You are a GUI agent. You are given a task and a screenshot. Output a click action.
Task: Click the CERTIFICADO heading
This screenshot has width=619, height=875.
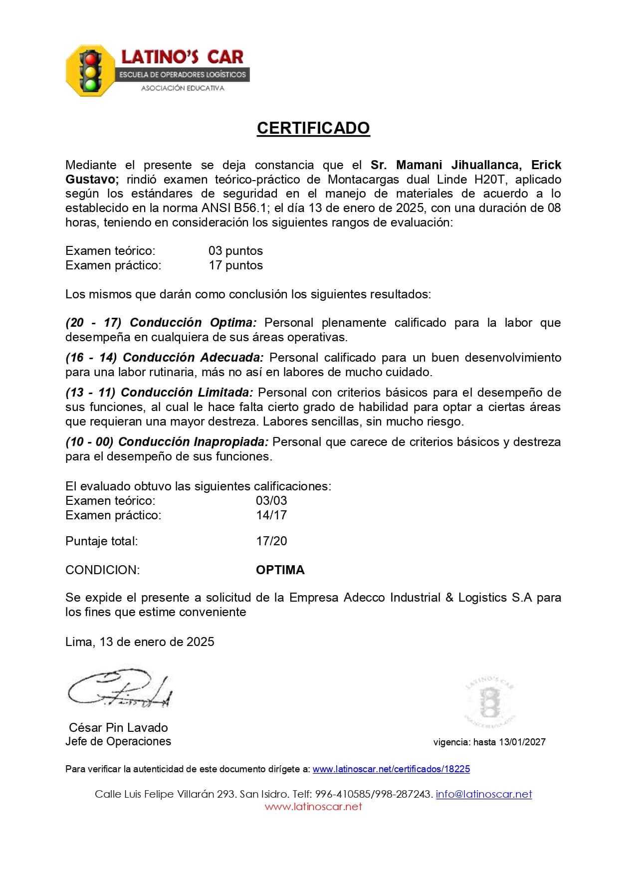(313, 128)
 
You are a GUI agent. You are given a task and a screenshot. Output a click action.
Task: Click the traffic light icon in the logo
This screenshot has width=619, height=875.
(91, 71)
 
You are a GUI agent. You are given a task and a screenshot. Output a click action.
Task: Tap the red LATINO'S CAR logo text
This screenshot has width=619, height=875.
(182, 57)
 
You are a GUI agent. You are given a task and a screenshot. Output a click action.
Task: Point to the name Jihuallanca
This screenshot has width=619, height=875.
(486, 165)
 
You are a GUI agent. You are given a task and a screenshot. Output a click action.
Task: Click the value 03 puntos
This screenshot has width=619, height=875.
(235, 250)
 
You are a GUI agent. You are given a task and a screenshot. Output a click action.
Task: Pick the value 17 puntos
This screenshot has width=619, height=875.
(235, 265)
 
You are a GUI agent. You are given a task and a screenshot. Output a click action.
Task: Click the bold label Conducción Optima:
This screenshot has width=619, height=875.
(193, 322)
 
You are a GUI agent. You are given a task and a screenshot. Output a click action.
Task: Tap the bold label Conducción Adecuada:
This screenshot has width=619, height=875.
(193, 357)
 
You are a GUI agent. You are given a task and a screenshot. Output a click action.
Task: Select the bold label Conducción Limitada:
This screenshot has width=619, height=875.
(187, 392)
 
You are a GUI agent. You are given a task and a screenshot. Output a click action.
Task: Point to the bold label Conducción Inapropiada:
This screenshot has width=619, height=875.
(194, 441)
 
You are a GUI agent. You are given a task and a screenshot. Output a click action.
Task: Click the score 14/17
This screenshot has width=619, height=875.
(271, 515)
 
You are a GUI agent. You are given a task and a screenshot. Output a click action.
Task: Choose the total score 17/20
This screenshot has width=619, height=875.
(271, 541)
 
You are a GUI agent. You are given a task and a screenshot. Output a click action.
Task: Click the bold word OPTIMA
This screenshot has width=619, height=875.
(280, 570)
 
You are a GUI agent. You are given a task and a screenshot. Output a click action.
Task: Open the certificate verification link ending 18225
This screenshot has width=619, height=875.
(391, 769)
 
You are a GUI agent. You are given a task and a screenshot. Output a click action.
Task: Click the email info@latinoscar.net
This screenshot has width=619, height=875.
(483, 794)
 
